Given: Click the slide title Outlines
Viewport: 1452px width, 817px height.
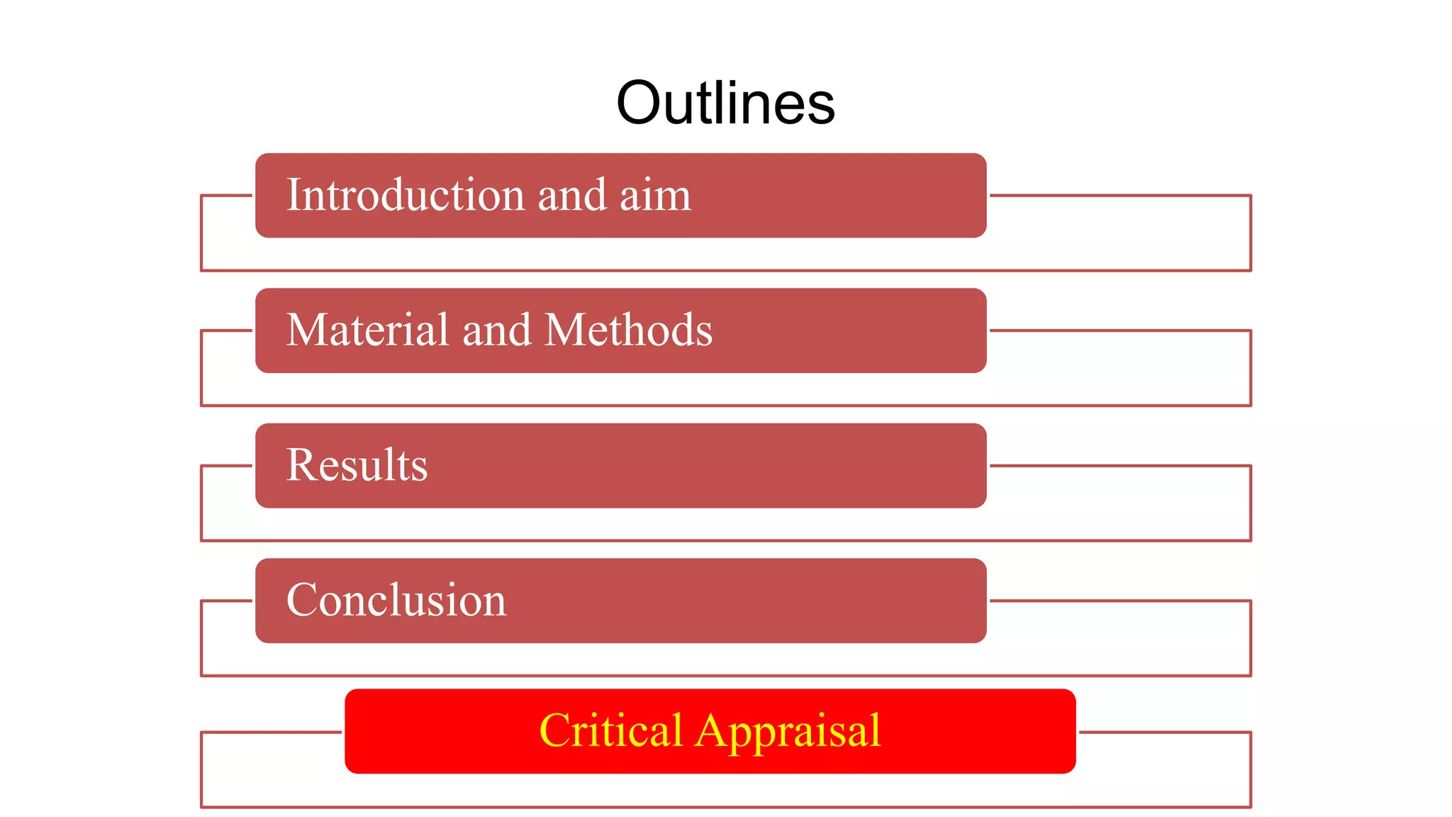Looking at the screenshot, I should point(725,104).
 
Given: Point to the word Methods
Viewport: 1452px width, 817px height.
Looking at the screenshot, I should point(628,330).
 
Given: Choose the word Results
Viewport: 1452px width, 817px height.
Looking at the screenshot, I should point(357,465).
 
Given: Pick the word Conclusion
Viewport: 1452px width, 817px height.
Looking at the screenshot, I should point(396,600).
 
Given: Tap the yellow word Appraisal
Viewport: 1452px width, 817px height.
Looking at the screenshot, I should point(788,731).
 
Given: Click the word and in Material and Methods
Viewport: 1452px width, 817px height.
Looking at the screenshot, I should point(496,330).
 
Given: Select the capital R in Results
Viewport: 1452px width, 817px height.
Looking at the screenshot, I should point(300,465).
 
